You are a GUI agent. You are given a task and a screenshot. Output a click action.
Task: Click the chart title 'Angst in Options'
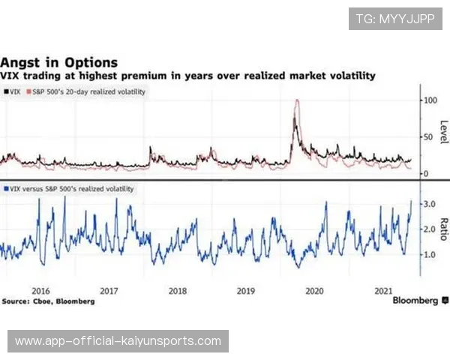pos(59,63)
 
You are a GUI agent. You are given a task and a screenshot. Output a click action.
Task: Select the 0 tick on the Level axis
pos(427,173)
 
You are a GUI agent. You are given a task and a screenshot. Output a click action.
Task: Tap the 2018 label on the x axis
pos(178,290)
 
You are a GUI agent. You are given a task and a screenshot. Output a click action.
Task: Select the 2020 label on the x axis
pos(315,290)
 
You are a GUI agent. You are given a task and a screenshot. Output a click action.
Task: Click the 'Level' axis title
pos(444,133)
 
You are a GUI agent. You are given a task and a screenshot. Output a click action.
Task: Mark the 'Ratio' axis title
pos(444,229)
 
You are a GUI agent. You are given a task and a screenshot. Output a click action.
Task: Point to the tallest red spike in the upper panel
pos(298,100)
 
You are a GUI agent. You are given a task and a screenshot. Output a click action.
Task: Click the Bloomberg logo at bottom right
pos(415,300)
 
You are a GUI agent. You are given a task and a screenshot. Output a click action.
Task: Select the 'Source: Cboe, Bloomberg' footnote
pos(48,301)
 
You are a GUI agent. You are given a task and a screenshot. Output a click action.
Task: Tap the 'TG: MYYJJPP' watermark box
pos(395,19)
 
